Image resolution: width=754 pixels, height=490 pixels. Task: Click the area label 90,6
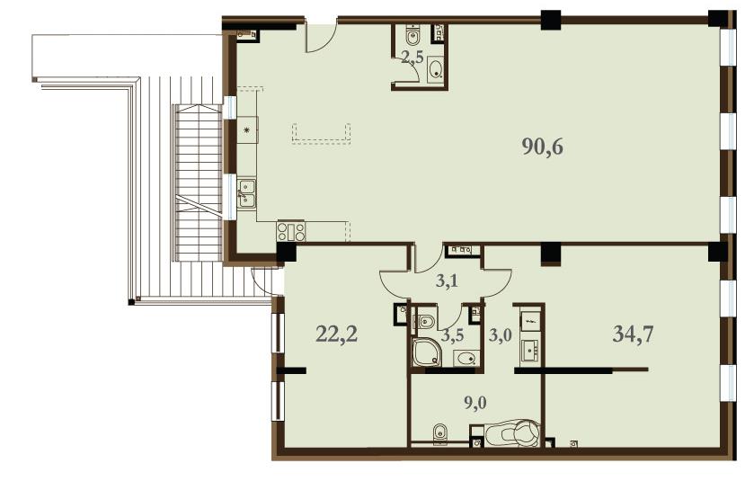542,147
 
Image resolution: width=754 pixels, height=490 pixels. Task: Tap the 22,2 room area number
337,334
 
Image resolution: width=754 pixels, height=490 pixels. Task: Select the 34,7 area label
633,334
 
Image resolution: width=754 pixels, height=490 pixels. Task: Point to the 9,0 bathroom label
475,403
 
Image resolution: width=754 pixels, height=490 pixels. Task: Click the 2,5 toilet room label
412,58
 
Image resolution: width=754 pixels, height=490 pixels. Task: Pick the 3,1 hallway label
447,281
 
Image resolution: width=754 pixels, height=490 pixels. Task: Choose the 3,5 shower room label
453,334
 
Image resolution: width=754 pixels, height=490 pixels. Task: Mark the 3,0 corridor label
500,334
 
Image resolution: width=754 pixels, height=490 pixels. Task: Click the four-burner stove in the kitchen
291,231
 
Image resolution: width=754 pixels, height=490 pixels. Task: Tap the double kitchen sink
246,193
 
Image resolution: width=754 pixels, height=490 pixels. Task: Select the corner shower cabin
426,352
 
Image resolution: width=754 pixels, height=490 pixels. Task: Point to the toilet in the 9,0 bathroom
439,432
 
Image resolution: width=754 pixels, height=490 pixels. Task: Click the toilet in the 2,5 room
412,34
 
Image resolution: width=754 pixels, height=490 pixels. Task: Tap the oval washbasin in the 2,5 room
437,69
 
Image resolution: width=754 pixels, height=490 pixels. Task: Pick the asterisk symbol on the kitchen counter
248,129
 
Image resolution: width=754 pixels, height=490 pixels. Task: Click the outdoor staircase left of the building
198,183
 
